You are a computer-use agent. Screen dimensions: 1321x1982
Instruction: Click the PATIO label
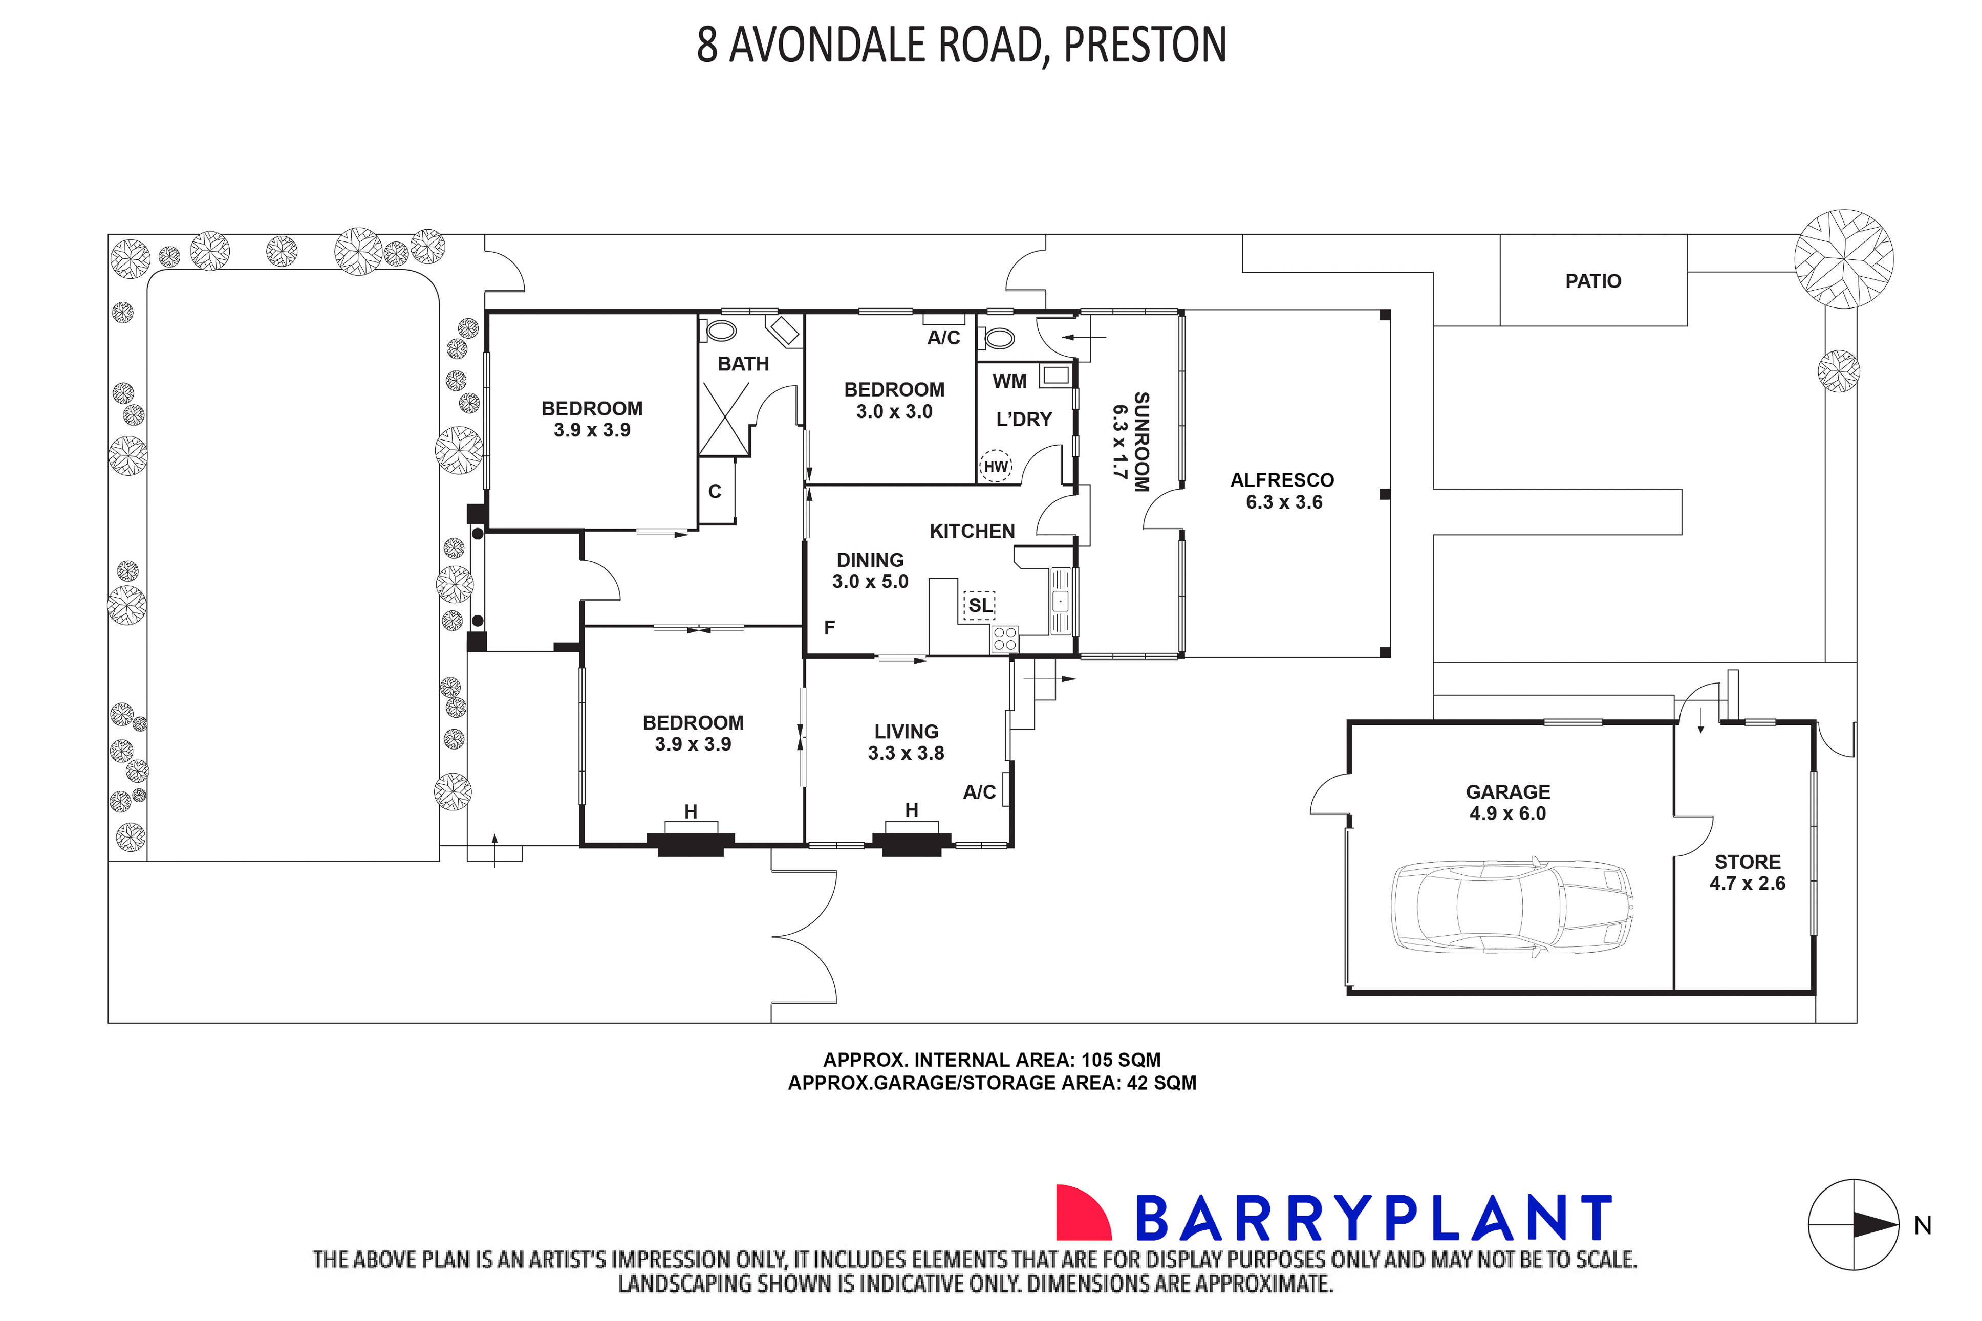pos(1592,280)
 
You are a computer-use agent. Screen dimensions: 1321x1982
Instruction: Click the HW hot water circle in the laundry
pos(995,467)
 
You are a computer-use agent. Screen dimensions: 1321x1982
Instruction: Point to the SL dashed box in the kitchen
pos(979,605)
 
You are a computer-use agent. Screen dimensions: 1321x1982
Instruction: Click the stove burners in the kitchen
pos(1004,639)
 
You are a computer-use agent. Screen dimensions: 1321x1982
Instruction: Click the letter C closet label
pos(715,491)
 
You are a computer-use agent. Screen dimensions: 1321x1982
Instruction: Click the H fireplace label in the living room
pos(911,809)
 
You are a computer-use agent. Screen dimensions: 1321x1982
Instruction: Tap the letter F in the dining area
pos(829,628)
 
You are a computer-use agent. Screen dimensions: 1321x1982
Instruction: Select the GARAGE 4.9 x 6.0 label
pos(1507,802)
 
